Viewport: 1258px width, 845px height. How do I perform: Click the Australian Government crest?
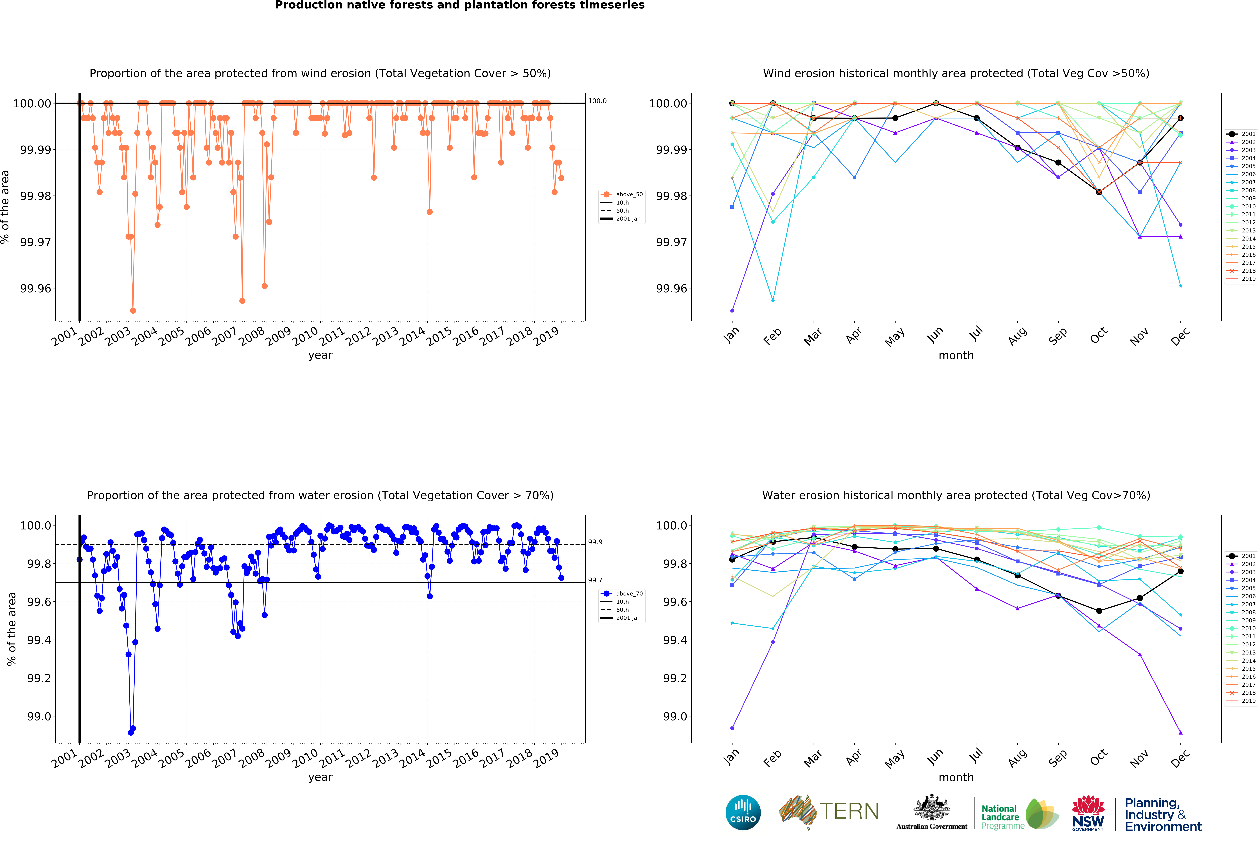tap(931, 807)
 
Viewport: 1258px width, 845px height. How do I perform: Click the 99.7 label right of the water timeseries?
tap(595, 580)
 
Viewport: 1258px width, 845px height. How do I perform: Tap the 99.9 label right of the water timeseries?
tap(595, 542)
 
